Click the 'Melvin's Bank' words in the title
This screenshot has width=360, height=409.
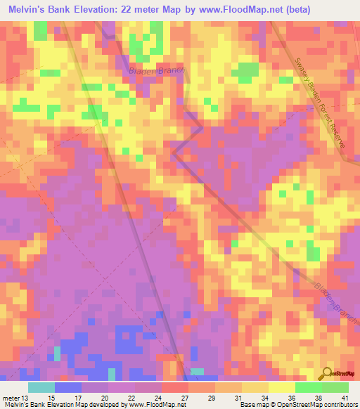[39, 8]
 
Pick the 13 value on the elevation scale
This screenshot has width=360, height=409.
[26, 397]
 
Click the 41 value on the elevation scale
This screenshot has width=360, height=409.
[345, 397]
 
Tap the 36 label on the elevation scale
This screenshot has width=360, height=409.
[292, 397]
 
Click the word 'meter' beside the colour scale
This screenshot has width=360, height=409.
[11, 397]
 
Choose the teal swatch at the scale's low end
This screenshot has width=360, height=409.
[41, 387]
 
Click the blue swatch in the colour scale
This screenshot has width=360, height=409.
[68, 387]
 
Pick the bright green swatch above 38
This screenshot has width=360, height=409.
[308, 387]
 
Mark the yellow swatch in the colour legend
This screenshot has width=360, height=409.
[281, 387]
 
